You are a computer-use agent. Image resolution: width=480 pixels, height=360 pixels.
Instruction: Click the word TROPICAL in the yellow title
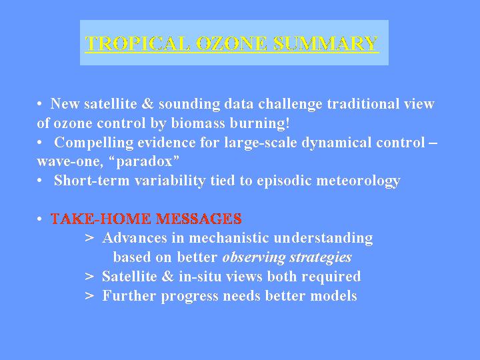point(137,43)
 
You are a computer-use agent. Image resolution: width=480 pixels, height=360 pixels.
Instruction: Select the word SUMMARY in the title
point(325,43)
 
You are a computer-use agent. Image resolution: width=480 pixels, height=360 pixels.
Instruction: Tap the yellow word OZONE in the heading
point(231,43)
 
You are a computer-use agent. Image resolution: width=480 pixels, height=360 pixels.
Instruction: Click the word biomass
point(198,123)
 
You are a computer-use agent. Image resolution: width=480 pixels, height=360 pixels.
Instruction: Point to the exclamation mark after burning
point(287,123)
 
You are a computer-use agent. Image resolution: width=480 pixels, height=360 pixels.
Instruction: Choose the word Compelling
point(94,143)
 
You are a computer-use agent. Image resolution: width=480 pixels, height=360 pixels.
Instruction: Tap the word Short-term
point(92,180)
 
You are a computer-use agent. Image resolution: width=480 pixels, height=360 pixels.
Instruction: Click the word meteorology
point(358,181)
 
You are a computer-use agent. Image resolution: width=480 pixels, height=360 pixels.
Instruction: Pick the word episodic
point(285,181)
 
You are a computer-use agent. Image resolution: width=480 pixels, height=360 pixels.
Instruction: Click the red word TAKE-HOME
point(101,219)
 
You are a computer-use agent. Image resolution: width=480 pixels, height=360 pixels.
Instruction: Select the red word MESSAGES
point(199,219)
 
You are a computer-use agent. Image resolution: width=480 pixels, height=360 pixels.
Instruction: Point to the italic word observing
point(254,257)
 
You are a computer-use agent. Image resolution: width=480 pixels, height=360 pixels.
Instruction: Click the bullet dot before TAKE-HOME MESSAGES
point(39,219)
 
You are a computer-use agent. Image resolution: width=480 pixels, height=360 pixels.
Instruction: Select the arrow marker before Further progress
point(89,296)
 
